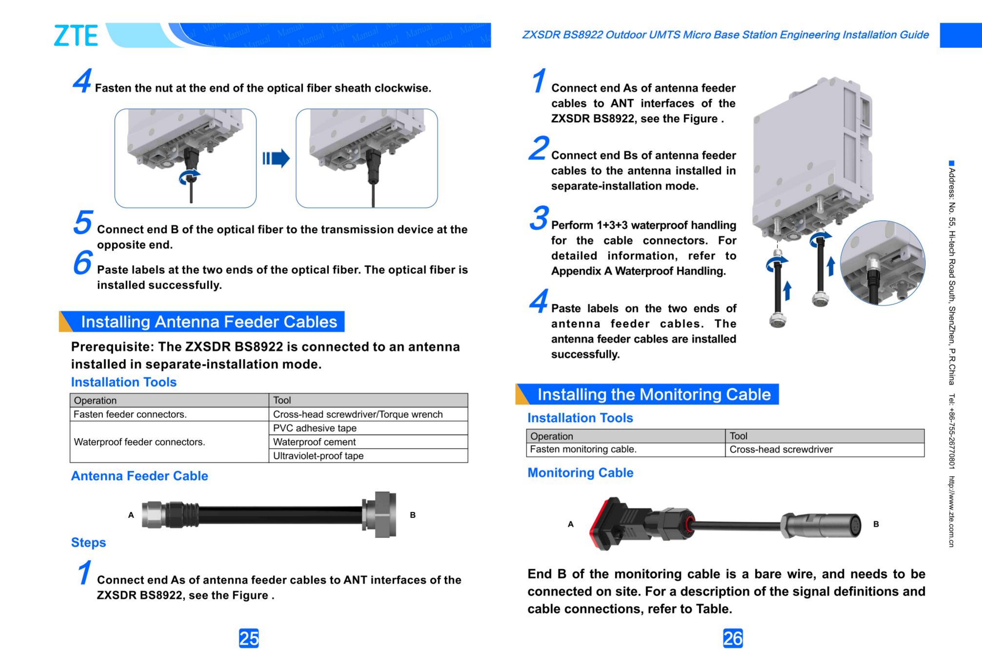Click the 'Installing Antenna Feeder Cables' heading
click(209, 322)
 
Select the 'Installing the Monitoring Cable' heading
click(654, 395)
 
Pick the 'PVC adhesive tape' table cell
click(315, 428)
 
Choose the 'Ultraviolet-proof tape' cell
click(318, 456)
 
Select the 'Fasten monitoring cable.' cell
click(583, 449)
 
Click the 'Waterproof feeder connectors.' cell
click(140, 442)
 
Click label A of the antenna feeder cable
click(131, 515)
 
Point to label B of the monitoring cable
click(876, 524)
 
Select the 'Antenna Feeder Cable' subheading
click(140, 476)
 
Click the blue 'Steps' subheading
click(88, 542)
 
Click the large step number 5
click(83, 222)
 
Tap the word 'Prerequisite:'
click(112, 347)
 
